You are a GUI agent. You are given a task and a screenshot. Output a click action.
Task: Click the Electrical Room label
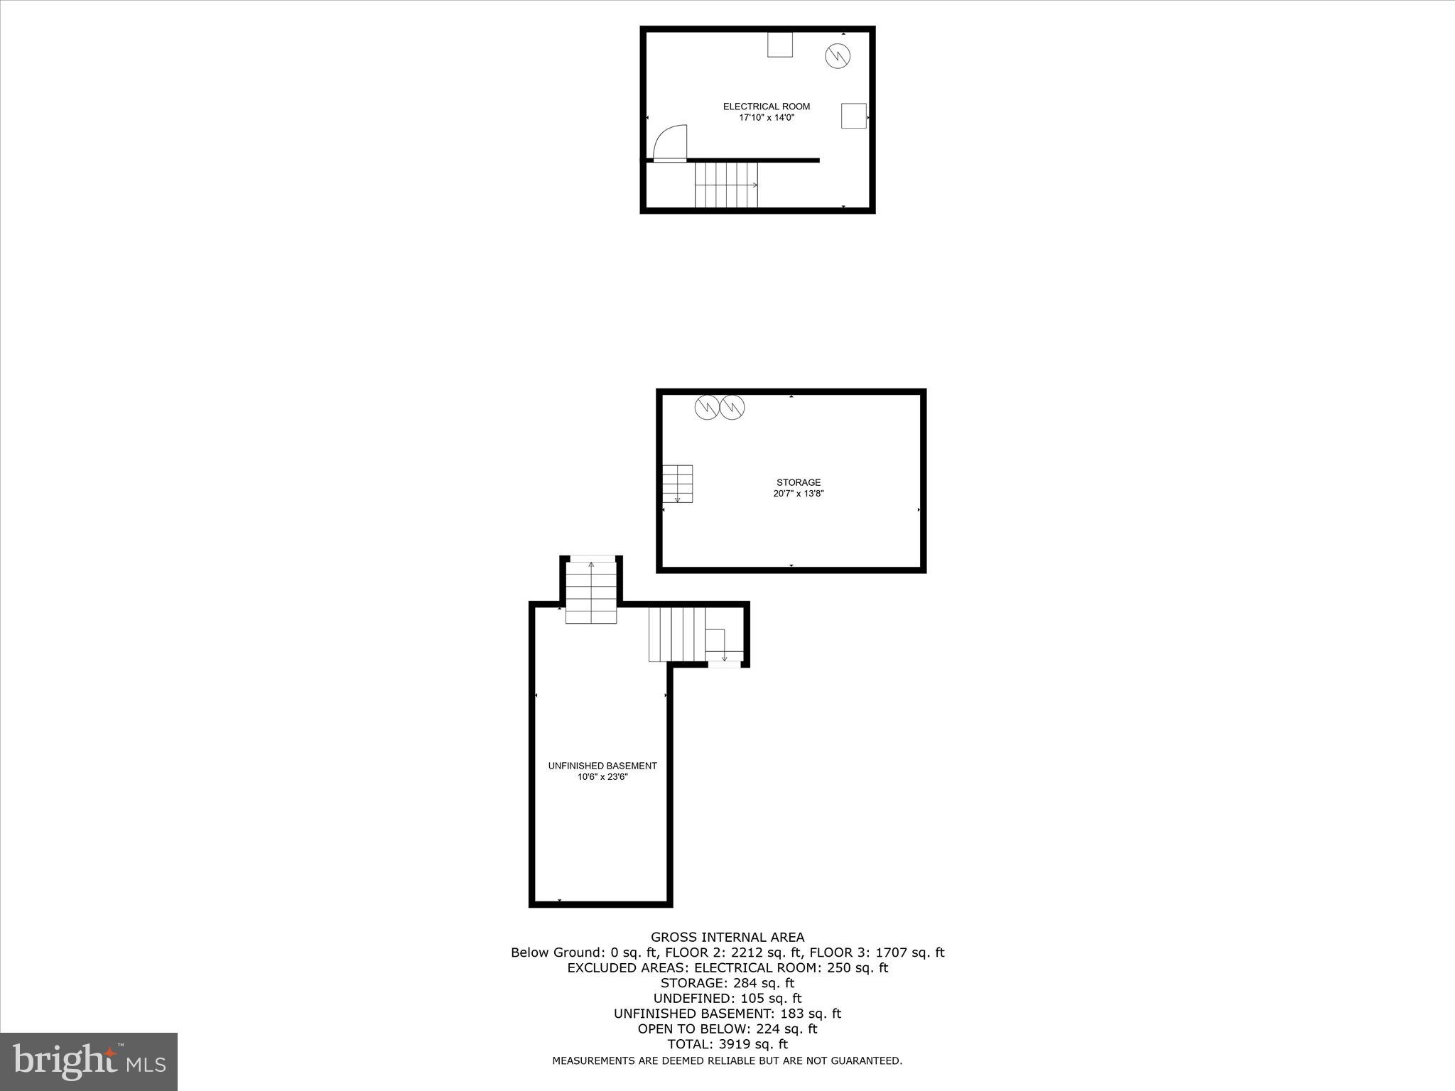[x=766, y=107]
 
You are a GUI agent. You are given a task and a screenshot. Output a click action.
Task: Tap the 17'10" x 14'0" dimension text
[x=766, y=118]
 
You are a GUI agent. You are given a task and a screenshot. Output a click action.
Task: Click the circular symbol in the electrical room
[x=838, y=55]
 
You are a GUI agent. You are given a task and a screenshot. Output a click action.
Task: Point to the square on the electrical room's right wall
[x=853, y=116]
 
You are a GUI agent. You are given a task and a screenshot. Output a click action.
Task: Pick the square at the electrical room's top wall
[x=779, y=45]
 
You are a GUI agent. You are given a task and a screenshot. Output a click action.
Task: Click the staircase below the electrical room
[x=726, y=185]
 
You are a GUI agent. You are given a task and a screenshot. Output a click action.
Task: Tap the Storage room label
[x=798, y=482]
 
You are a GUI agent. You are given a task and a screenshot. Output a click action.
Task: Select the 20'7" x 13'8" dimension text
[x=798, y=494]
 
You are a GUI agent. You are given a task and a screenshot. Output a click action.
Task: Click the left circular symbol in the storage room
[x=707, y=407]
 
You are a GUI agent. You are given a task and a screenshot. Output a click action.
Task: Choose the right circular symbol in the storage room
[x=732, y=407]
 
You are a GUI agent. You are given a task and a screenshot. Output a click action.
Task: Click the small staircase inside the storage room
[x=677, y=484]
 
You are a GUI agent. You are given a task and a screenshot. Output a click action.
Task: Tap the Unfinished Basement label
[x=602, y=766]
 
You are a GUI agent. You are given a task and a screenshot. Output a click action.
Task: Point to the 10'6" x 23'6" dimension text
[x=602, y=777]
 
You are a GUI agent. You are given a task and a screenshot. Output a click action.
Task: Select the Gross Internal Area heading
[x=727, y=937]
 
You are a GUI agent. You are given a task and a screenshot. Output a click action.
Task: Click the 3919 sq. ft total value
[x=755, y=1043]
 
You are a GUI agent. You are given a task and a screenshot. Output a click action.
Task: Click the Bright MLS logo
[x=89, y=1062]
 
